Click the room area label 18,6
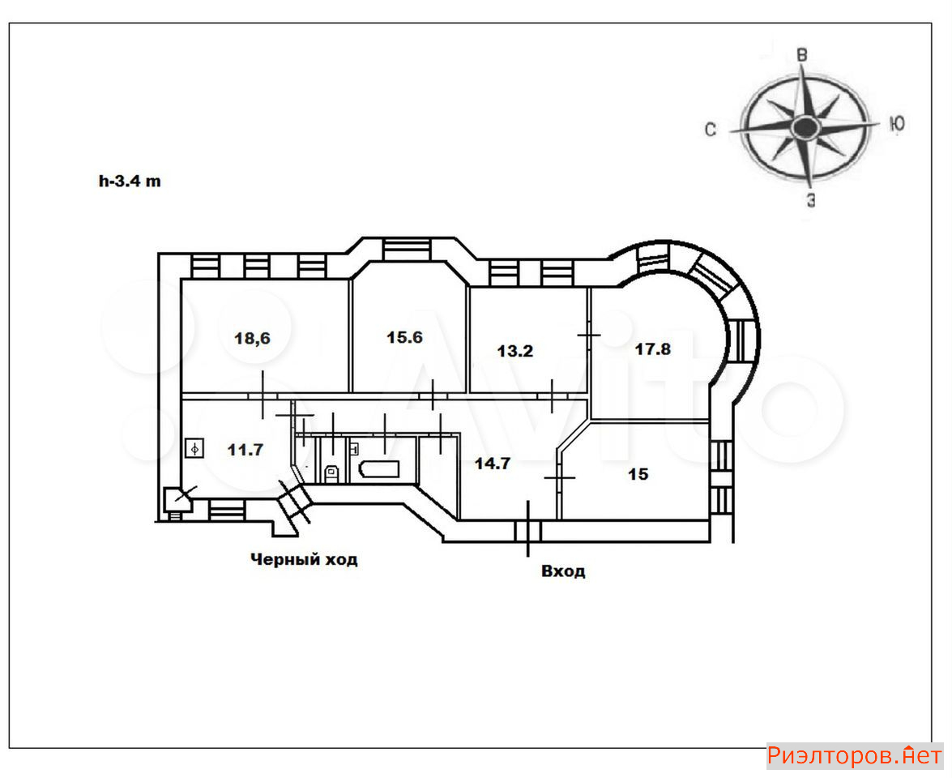(x=252, y=338)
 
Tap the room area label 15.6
(x=404, y=337)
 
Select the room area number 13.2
(x=514, y=351)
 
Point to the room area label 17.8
(x=653, y=349)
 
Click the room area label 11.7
(x=245, y=450)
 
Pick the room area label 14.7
(x=493, y=464)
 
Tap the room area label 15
(x=638, y=474)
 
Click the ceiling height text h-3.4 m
(x=130, y=181)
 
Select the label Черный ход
(x=304, y=559)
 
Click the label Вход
(x=563, y=571)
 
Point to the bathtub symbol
(x=379, y=469)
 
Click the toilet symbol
(x=331, y=472)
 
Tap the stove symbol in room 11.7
(x=194, y=448)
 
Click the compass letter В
(x=802, y=55)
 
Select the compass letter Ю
(x=898, y=124)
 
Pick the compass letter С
(x=711, y=130)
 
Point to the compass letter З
(x=811, y=200)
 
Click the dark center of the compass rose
(x=805, y=127)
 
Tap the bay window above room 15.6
(x=407, y=249)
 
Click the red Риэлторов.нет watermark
(x=855, y=756)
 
